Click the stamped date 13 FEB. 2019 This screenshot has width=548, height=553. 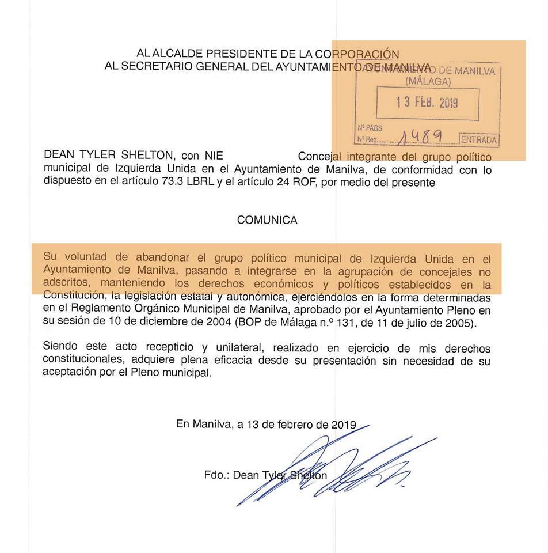click(x=427, y=103)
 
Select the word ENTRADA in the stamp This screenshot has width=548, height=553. click(x=478, y=140)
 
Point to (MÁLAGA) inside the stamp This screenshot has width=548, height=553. click(x=428, y=82)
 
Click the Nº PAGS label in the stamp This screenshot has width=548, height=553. click(x=370, y=128)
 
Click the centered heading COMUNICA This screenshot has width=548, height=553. click(x=267, y=220)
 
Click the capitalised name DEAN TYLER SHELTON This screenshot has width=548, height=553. click(x=109, y=156)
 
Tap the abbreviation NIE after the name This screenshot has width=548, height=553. click(x=211, y=156)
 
